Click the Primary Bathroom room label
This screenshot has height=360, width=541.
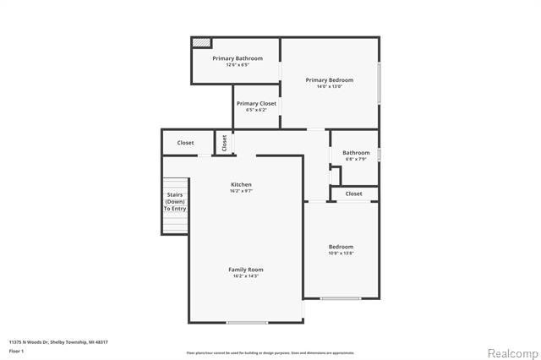coord(237,58)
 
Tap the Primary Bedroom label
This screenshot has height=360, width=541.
coord(329,80)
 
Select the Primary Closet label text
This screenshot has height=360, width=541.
coord(255,104)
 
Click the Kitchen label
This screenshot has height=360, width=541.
coord(241,184)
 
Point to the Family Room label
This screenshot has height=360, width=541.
coord(245,270)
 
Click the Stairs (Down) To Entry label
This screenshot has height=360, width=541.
coord(175,203)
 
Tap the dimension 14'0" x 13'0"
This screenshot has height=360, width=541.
coord(329,86)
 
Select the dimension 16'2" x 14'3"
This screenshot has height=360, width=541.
coord(245,276)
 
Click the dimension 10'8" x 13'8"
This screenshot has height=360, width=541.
coord(341,254)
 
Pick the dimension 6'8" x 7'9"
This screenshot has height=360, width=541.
coord(356,159)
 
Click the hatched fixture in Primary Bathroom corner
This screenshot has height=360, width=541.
coord(201,42)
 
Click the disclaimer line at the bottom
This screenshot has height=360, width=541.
coord(270,352)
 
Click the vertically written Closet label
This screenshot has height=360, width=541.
coord(224,144)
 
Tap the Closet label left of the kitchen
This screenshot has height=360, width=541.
coord(185,143)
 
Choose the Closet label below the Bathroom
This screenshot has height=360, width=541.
coord(353,194)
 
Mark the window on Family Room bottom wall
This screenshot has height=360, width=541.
coord(247,322)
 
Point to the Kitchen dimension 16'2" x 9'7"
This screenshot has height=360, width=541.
coord(241,191)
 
